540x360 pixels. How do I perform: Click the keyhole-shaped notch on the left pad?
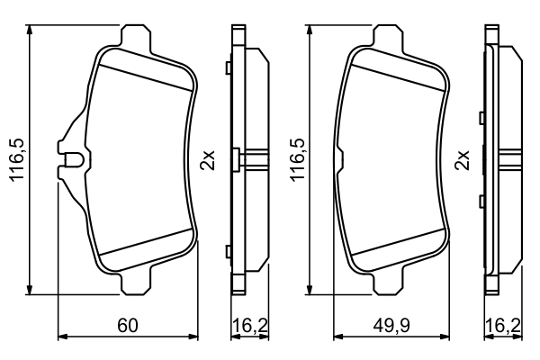coord(72,162)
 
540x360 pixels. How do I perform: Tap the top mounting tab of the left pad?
coord(136,36)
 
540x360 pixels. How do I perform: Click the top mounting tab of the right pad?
coord(390,36)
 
